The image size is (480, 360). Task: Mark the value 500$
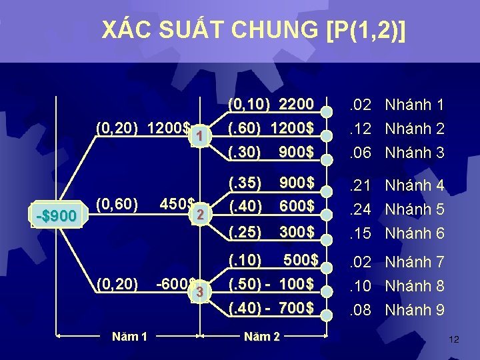click(x=301, y=259)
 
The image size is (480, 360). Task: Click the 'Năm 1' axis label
click(x=130, y=336)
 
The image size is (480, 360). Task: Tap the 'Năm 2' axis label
click(x=261, y=336)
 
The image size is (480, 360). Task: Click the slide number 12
click(x=454, y=340)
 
